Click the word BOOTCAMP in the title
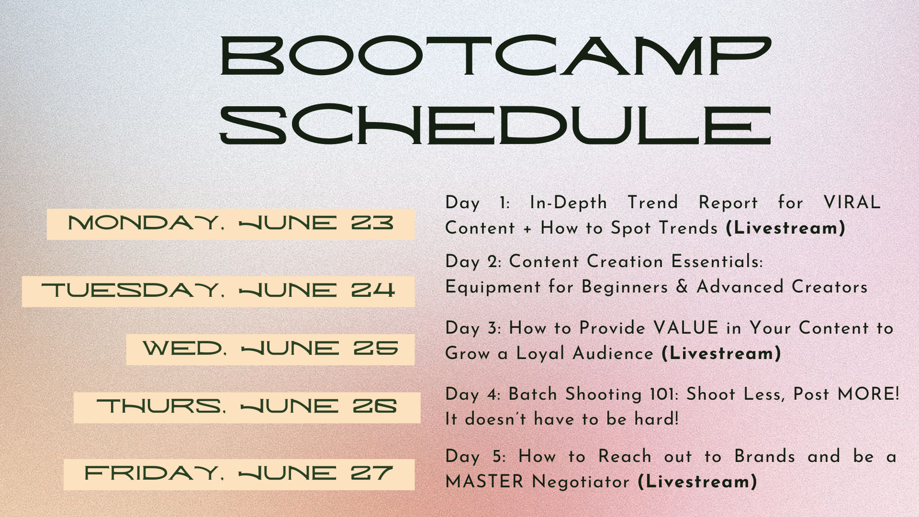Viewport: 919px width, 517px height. click(495, 55)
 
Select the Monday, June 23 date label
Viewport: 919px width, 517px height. click(231, 224)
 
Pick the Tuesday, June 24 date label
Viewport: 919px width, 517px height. click(218, 292)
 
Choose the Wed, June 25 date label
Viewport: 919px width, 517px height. click(270, 349)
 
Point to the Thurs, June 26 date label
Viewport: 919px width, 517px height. click(247, 407)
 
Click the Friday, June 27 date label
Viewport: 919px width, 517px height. click(239, 474)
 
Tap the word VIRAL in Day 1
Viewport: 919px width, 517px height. click(852, 202)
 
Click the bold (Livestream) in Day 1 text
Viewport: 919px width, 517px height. click(786, 228)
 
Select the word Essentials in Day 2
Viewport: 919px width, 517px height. click(717, 261)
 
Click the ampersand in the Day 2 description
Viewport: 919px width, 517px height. click(682, 286)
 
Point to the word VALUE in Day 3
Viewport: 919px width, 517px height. click(686, 328)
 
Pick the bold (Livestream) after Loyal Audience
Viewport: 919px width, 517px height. click(721, 353)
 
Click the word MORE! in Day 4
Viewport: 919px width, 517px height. click(868, 394)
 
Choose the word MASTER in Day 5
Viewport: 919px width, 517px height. click(484, 482)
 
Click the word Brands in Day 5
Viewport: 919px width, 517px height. click(765, 456)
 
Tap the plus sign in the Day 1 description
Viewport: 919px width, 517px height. click(527, 229)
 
